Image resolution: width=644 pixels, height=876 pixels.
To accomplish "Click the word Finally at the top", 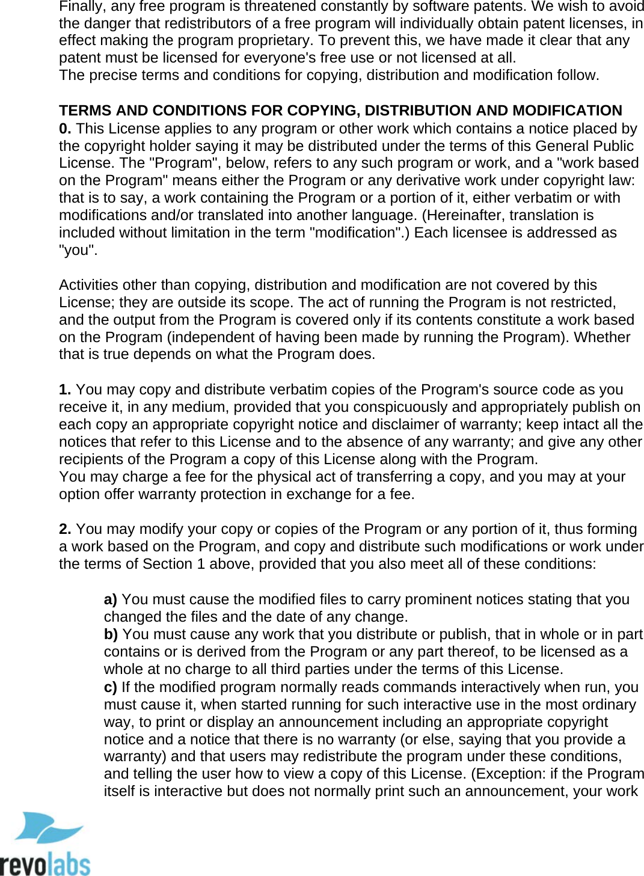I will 79,7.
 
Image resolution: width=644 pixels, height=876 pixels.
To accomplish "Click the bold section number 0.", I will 65,129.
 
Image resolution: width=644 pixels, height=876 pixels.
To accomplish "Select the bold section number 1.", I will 65,390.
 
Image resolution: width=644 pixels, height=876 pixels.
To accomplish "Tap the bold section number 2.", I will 65,529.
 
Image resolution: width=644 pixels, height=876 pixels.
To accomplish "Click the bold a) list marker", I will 110,599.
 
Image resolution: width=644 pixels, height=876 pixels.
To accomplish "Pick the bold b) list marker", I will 111,634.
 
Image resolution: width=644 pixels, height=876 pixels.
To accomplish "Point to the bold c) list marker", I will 110,687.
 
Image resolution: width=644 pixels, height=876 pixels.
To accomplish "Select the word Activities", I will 88,285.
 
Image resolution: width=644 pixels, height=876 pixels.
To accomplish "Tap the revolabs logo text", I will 45,864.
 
